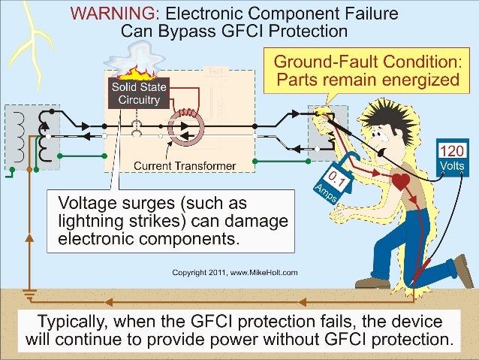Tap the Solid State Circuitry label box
[x=136, y=93]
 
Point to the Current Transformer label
[x=185, y=165]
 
